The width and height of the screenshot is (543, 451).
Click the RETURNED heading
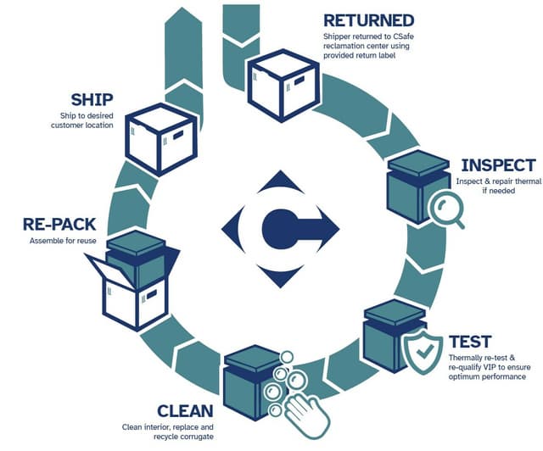click(x=369, y=19)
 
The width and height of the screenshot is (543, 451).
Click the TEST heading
click(x=470, y=342)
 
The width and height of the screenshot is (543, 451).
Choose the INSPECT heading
click(x=496, y=164)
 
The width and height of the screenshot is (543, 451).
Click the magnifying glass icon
click(x=445, y=209)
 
